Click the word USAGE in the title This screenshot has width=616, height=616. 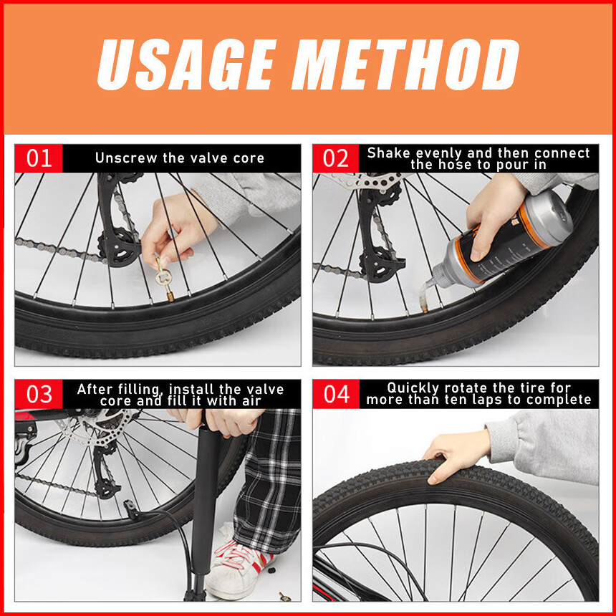click(186, 64)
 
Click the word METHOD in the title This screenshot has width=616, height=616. click(405, 64)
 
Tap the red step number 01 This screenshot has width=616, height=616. click(39, 158)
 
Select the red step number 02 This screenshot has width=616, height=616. click(336, 158)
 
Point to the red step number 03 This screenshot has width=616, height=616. click(39, 394)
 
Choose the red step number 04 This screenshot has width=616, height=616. click(336, 394)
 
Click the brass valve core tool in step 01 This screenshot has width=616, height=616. click(165, 279)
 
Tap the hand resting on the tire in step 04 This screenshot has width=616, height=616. click(456, 456)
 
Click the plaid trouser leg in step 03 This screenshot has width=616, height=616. click(269, 479)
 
